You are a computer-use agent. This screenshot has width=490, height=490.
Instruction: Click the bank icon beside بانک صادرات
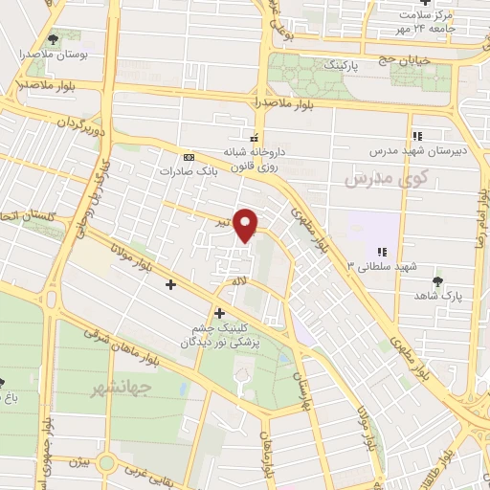click(x=189, y=157)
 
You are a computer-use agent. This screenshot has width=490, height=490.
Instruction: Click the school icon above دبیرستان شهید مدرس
click(x=416, y=136)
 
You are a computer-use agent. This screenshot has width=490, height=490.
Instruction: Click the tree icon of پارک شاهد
click(x=437, y=281)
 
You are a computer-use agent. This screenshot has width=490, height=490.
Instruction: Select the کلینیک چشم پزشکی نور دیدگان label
click(x=226, y=333)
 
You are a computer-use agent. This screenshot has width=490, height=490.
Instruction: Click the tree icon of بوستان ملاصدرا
click(x=50, y=39)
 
